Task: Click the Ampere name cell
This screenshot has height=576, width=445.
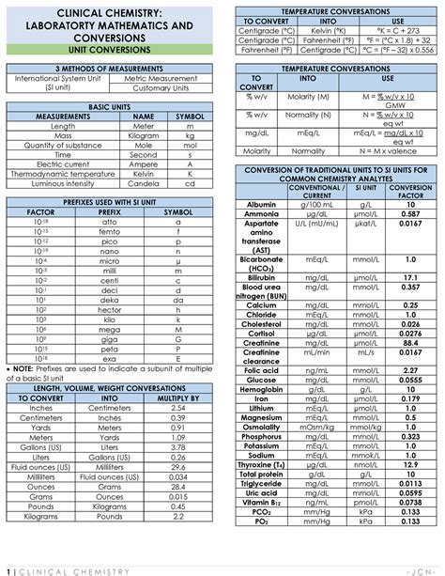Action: pyautogui.click(x=143, y=163)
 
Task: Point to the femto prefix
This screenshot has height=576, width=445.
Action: pyautogui.click(x=109, y=230)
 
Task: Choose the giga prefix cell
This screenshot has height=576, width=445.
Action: pyautogui.click(x=109, y=338)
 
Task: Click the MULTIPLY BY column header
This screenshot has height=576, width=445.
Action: pyautogui.click(x=177, y=398)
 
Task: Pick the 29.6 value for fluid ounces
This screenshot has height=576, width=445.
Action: pyautogui.click(x=177, y=466)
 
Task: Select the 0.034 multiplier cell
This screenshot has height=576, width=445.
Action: pyautogui.click(x=177, y=476)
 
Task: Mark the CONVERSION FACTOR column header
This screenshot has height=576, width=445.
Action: pyautogui.click(x=410, y=193)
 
